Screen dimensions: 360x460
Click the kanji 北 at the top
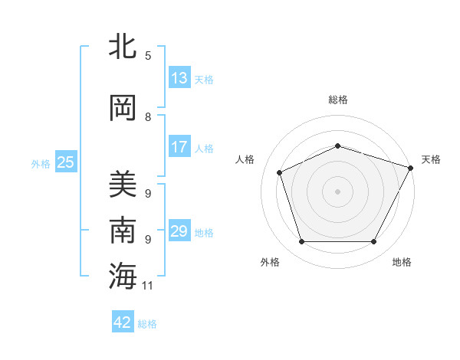click(x=123, y=47)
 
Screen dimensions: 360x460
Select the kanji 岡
click(x=123, y=109)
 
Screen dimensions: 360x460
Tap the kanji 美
click(x=123, y=185)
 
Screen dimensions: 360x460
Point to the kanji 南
click(x=123, y=231)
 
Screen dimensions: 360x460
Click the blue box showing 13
click(x=179, y=78)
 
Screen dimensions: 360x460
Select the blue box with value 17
click(x=179, y=147)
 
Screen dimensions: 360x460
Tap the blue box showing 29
click(x=179, y=231)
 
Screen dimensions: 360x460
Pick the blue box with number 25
click(x=66, y=162)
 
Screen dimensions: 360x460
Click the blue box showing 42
click(x=123, y=322)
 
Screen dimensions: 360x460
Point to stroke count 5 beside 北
click(x=148, y=56)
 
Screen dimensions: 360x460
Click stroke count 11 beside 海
click(x=148, y=286)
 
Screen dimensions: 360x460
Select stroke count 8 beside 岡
click(x=148, y=117)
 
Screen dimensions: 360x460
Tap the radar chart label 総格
click(x=338, y=100)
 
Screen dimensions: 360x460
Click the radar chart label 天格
click(x=431, y=159)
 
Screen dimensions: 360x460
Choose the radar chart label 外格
click(x=270, y=262)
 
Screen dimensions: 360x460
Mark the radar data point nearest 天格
click(x=411, y=168)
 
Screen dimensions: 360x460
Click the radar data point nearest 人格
click(x=280, y=172)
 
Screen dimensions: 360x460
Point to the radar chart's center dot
click(x=338, y=191)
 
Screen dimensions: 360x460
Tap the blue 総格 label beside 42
click(x=147, y=324)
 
